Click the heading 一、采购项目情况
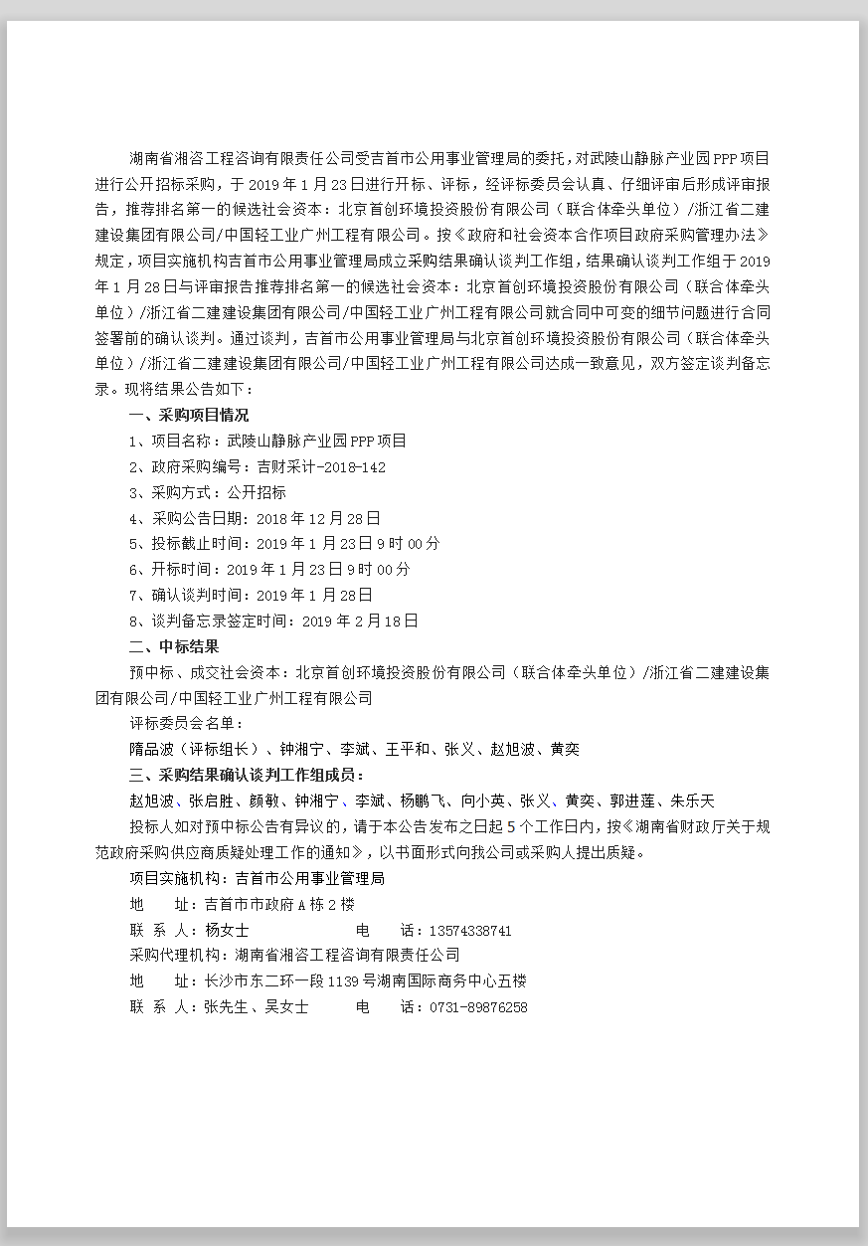pos(189,415)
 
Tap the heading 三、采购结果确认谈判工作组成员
pos(247,775)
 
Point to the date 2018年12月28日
pos(318,518)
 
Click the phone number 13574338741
pos(470,931)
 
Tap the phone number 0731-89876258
pos(478,1006)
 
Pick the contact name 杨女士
pos(227,931)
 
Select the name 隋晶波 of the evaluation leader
pos(151,749)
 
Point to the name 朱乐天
pos(692,801)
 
